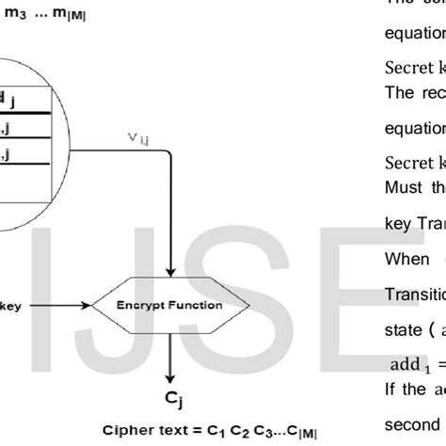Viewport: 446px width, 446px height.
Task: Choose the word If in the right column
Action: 393,386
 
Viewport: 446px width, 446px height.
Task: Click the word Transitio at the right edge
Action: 415,265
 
